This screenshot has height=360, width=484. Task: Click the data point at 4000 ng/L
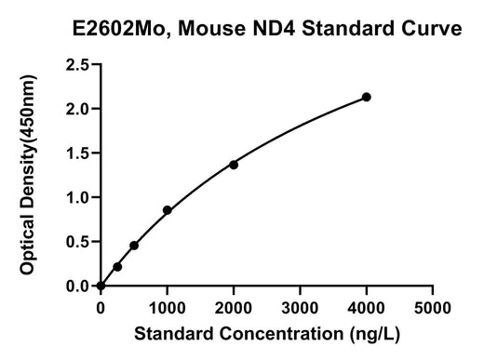tap(367, 97)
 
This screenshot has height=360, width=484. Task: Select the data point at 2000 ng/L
tap(234, 165)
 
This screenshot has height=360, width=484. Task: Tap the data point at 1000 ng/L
tap(168, 210)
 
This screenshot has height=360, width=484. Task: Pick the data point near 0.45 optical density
tap(134, 246)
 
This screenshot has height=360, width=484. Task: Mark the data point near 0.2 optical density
tap(117, 267)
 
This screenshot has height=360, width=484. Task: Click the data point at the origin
tap(101, 286)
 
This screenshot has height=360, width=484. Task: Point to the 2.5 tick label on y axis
tap(77, 65)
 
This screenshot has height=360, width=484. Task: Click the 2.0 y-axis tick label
tap(77, 109)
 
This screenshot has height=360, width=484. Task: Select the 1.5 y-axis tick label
tap(77, 153)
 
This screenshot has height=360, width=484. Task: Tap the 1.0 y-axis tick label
tap(77, 198)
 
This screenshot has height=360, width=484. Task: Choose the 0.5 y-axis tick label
tap(77, 242)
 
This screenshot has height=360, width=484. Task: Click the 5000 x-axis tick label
tap(433, 309)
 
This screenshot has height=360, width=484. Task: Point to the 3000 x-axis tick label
tap(300, 309)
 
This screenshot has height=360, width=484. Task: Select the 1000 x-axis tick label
tap(168, 309)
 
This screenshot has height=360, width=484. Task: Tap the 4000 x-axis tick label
tap(366, 309)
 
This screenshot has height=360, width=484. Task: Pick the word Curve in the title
tap(431, 28)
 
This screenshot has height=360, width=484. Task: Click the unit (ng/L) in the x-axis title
tap(375, 335)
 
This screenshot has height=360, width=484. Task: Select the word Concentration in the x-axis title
tap(282, 334)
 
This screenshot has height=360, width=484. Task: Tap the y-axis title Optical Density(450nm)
tap(28, 175)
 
